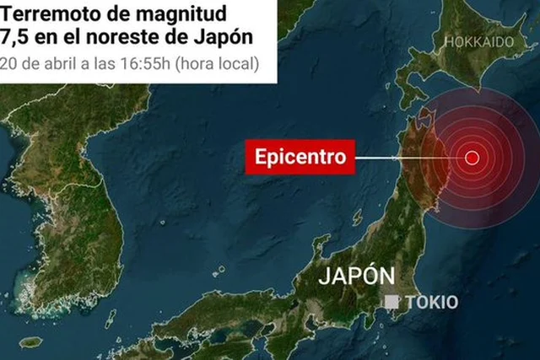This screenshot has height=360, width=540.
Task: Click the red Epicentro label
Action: (300, 157)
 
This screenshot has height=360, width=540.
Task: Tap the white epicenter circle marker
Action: (472, 157)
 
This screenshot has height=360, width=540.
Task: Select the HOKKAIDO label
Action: (478, 41)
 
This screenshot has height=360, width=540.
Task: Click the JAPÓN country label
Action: (357, 277)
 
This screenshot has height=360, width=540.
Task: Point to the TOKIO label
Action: (431, 302)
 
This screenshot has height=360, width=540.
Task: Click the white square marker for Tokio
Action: (392, 302)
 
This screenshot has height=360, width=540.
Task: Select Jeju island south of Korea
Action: (31, 342)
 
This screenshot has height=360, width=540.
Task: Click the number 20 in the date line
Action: (8, 63)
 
